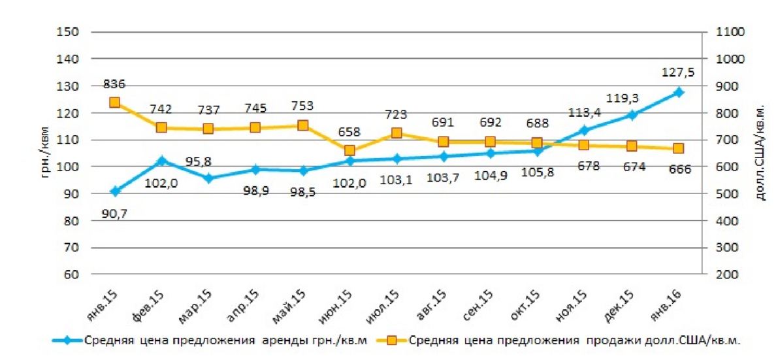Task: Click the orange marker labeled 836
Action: [114, 103]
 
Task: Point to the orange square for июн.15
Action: [349, 151]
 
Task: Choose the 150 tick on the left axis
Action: [70, 32]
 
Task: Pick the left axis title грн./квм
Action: [45, 153]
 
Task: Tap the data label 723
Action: [396, 115]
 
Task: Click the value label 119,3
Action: [622, 98]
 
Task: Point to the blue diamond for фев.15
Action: [161, 160]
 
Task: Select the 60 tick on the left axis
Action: [73, 275]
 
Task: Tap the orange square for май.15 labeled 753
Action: [302, 125]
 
